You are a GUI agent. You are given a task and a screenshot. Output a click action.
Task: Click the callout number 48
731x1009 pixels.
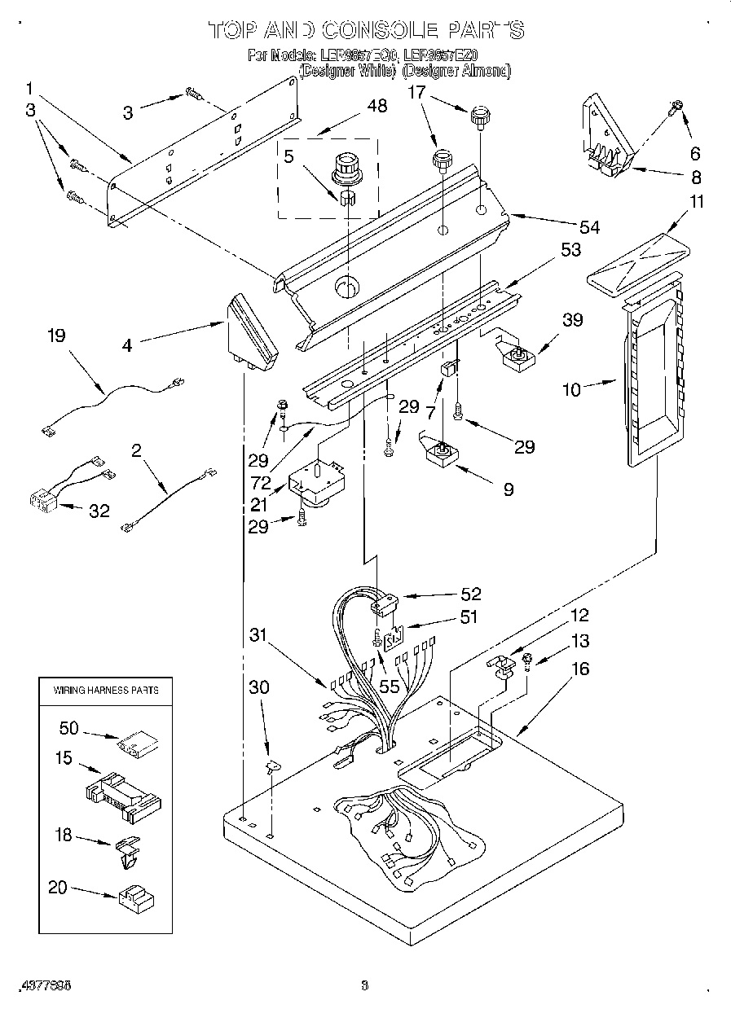pyautogui.click(x=377, y=106)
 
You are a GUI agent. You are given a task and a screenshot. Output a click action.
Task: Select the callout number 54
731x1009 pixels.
pyautogui.click(x=588, y=227)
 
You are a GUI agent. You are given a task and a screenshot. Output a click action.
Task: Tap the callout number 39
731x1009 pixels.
pyautogui.click(x=573, y=320)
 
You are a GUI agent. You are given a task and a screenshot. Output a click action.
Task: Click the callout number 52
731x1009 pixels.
pyautogui.click(x=470, y=594)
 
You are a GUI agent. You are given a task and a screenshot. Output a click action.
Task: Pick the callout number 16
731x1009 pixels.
pyautogui.click(x=579, y=669)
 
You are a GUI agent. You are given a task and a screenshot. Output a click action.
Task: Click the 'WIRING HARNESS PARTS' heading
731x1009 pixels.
pyautogui.click(x=106, y=690)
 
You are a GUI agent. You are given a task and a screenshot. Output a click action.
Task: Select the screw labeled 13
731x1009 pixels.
pyautogui.click(x=526, y=660)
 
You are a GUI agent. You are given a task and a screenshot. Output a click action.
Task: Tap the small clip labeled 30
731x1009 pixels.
pyautogui.click(x=271, y=765)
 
